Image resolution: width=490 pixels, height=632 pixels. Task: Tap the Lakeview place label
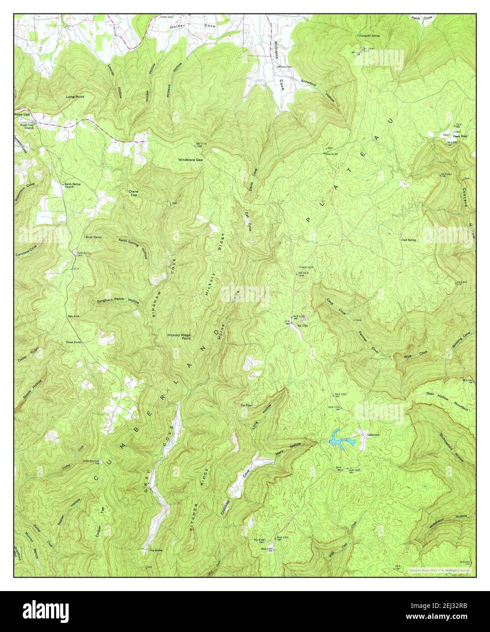coord(375,435)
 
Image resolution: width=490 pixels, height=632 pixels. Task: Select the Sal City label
coord(302,326)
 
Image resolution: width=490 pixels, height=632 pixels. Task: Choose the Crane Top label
coord(134,194)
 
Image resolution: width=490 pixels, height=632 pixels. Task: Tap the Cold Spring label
coord(408,240)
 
